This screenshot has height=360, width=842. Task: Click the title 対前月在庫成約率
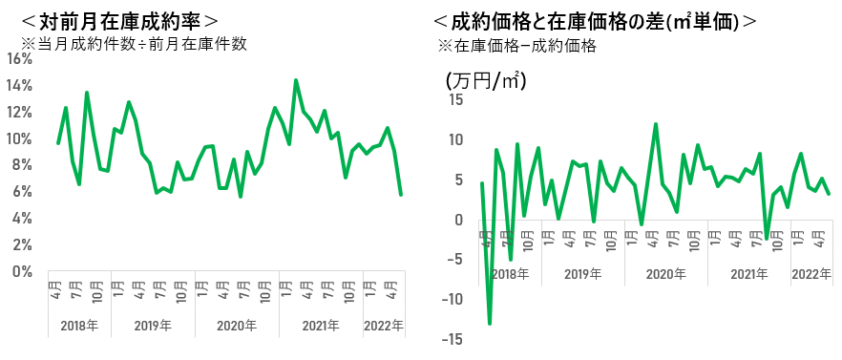tap(119, 21)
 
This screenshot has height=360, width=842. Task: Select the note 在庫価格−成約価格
tap(525, 47)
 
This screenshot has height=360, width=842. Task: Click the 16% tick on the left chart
tap(20, 59)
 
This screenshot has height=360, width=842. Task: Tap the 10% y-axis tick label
tap(20, 138)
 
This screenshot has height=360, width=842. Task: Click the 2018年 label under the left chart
tap(79, 326)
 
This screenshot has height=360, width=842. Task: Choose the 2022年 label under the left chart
tap(384, 326)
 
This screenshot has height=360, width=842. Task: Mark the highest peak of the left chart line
tap(296, 80)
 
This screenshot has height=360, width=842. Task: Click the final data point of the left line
tap(401, 194)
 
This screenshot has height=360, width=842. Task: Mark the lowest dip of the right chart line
tap(490, 324)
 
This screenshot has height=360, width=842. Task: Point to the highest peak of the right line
tap(656, 124)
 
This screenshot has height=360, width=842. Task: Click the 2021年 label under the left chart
tap(321, 326)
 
